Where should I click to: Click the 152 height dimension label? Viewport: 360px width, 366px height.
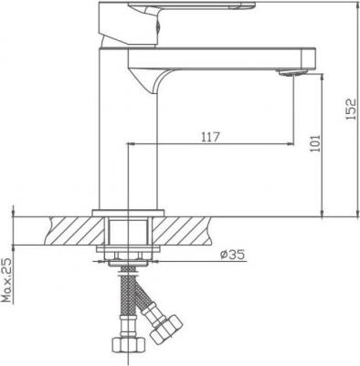coord(351,109)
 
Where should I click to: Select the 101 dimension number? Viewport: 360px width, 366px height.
coord(315,143)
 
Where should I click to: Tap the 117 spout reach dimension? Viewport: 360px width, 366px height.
coord(210,137)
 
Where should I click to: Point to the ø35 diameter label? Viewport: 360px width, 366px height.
coord(233,255)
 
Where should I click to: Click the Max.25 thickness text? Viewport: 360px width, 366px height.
coord(7,280)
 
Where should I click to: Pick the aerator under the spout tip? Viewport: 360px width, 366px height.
coord(292,73)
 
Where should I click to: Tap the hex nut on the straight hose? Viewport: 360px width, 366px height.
coord(128,345)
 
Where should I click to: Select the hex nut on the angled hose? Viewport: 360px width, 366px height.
coord(166,329)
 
